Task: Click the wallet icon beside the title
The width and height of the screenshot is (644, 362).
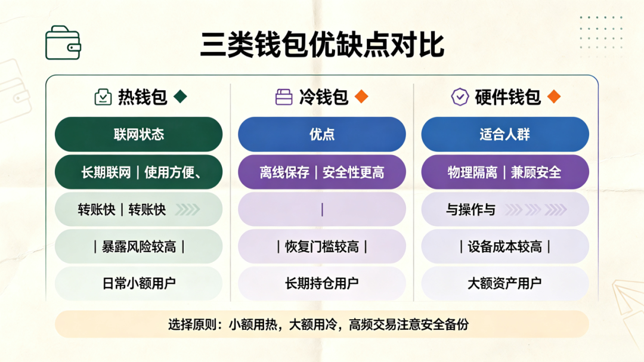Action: click(63, 43)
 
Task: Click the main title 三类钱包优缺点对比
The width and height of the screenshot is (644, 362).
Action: click(323, 45)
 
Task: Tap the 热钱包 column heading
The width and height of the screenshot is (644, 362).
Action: click(143, 97)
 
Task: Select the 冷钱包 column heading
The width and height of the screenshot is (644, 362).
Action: click(324, 97)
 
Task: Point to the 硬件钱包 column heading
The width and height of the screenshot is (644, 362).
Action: click(507, 97)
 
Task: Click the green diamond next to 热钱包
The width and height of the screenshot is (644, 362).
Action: click(180, 97)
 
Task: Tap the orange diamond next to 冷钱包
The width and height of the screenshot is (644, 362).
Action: click(361, 97)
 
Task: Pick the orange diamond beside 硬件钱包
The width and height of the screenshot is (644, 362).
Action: click(554, 97)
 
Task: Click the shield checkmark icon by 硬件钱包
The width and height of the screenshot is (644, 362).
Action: click(460, 97)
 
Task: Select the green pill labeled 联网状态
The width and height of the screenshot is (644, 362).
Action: click(139, 134)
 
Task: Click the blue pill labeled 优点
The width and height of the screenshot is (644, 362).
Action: click(322, 134)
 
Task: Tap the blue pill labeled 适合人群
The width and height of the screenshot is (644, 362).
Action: click(505, 134)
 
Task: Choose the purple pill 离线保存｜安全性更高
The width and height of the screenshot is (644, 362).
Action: click(322, 172)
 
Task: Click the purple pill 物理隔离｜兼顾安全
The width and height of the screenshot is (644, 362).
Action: click(505, 172)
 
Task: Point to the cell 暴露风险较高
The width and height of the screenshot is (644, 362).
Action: click(139, 246)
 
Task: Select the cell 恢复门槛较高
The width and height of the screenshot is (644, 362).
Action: click(322, 246)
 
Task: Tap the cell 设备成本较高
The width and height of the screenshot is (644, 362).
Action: click(505, 246)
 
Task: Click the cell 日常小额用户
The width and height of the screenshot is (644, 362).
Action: click(139, 283)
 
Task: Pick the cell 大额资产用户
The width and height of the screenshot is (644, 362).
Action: click(505, 283)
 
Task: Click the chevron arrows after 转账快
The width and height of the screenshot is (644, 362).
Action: click(188, 209)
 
